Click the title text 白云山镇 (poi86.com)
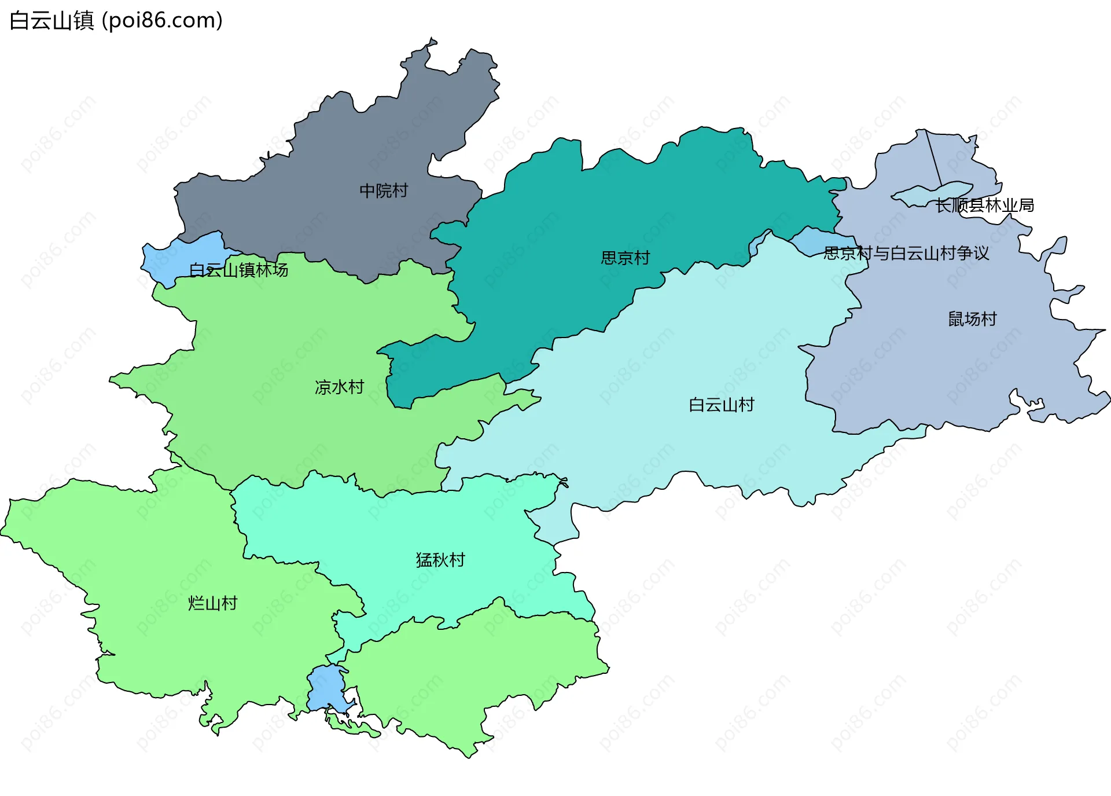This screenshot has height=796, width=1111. click(116, 21)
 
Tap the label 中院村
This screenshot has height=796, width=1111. click(384, 190)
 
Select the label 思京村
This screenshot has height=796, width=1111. click(625, 258)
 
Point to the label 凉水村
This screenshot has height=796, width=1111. click(339, 387)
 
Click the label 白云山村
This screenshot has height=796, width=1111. click(722, 405)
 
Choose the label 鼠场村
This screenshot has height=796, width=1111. click(972, 319)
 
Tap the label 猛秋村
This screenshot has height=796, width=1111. click(440, 560)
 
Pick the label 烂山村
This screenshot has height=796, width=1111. click(212, 603)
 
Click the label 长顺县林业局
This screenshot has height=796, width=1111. click(984, 206)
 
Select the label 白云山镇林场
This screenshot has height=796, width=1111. click(238, 270)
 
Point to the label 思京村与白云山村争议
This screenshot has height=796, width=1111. click(906, 253)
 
